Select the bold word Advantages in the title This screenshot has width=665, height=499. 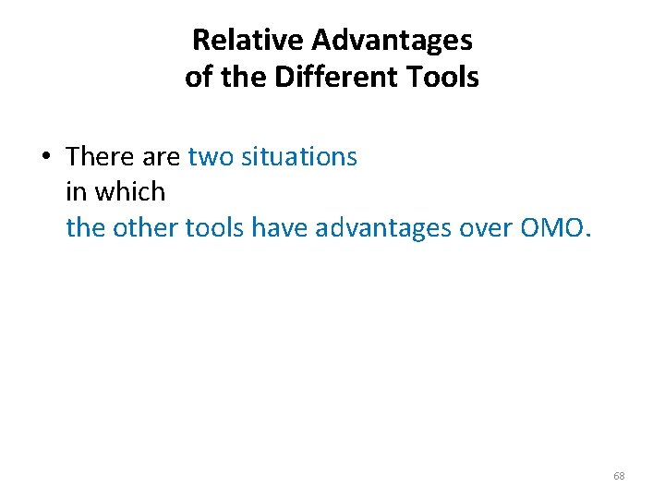pos(392,40)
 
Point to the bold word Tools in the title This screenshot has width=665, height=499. pos(445,77)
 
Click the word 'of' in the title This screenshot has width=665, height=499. pos(198,77)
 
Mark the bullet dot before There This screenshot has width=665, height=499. pos(44,156)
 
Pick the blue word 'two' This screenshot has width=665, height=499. pos(212,157)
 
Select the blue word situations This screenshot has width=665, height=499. pos(298,157)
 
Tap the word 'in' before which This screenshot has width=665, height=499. pos(76,191)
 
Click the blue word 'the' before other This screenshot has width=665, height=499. pos(86,226)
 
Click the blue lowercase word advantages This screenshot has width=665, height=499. pos(392,228)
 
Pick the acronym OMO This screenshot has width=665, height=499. pos(551,226)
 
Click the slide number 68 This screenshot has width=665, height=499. pos(619,476)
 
